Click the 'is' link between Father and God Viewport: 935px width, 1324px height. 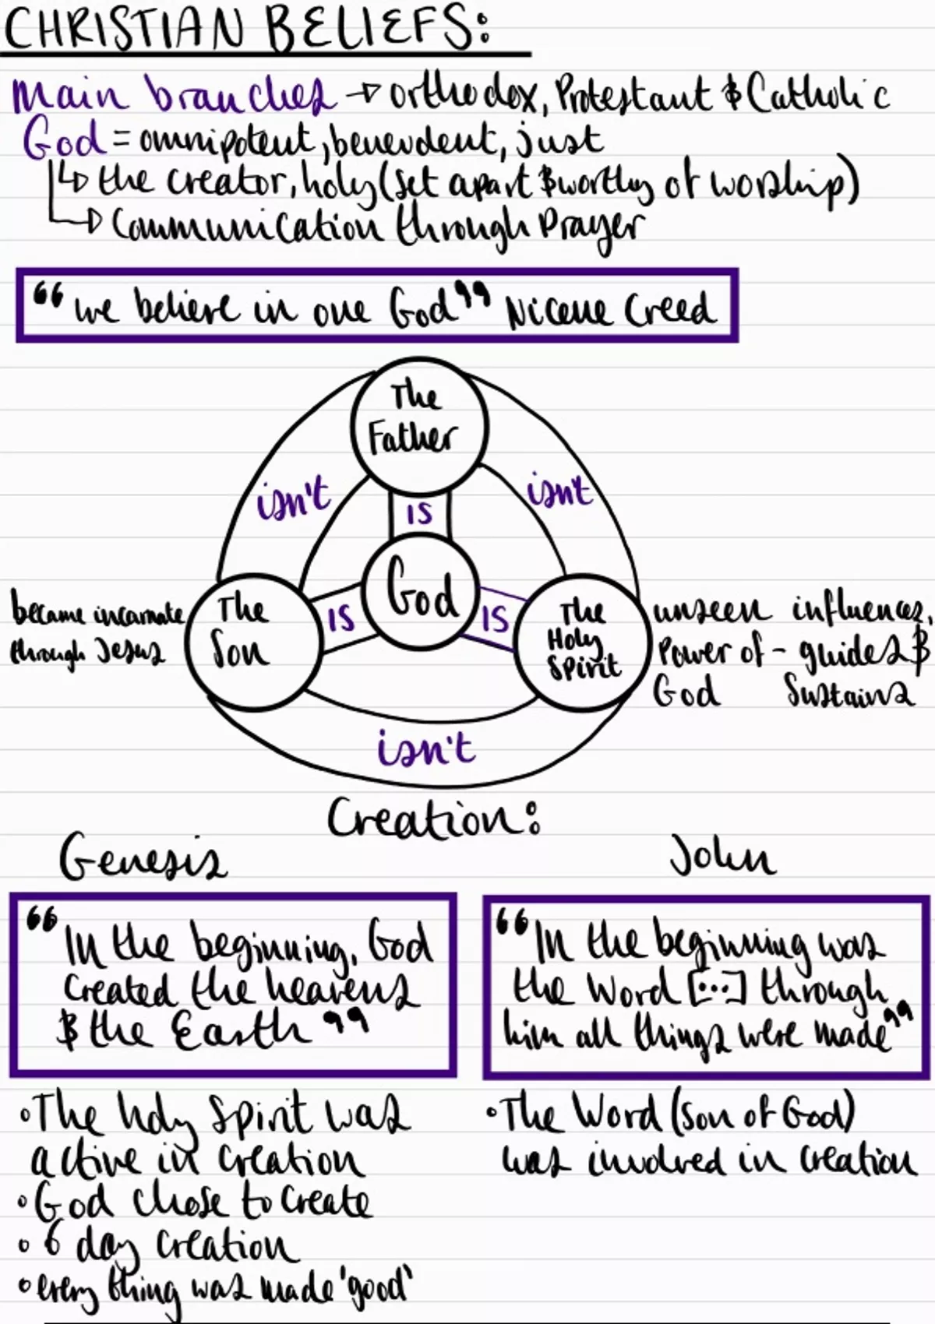[x=420, y=513]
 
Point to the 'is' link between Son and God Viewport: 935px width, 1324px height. [x=342, y=618]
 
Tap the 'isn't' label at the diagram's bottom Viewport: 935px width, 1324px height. [x=425, y=747]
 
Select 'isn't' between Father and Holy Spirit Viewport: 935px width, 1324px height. [x=559, y=489]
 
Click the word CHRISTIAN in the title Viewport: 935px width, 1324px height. [x=124, y=30]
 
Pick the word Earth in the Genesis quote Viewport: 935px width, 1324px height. [x=243, y=1033]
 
